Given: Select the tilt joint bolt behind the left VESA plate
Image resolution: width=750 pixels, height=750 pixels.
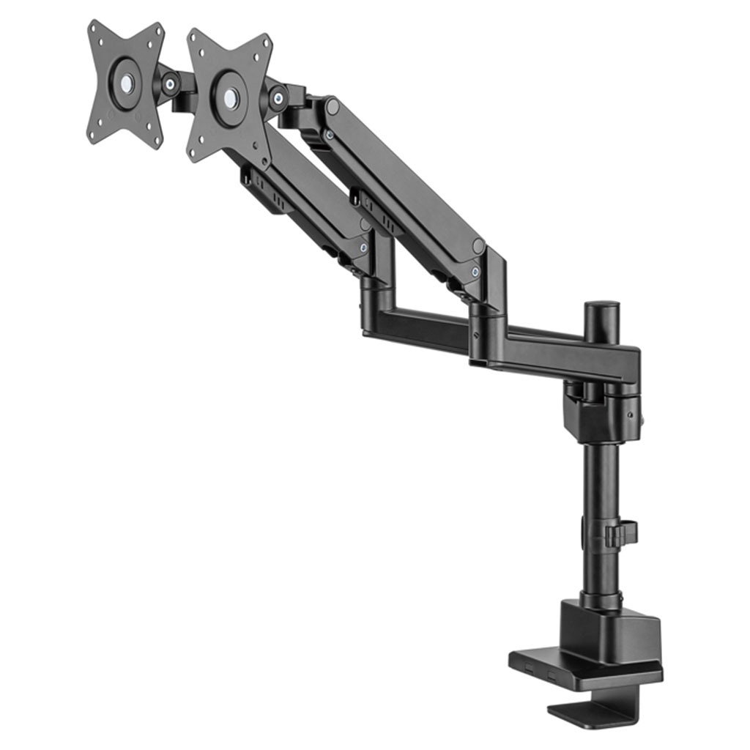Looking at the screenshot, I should (170, 84).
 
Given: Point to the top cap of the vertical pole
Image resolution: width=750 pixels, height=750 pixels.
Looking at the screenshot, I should (601, 305).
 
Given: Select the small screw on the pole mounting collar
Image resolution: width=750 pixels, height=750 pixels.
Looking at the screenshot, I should (631, 415).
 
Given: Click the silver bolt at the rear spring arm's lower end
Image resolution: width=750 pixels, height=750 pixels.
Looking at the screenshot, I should (476, 272).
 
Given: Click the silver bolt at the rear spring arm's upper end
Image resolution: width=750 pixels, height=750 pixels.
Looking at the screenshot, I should (330, 135).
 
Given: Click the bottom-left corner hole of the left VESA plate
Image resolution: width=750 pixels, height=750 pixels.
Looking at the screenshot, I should (92, 133).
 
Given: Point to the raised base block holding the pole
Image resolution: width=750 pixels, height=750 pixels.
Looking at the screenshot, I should (612, 630).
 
